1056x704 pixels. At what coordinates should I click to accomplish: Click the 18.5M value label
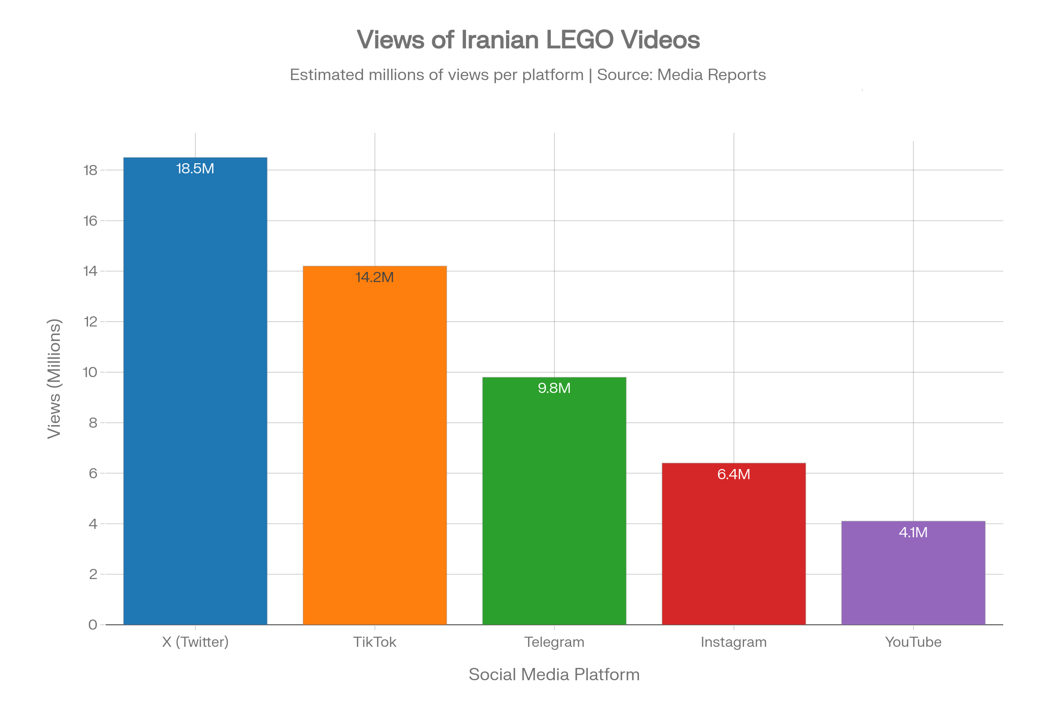coord(195,169)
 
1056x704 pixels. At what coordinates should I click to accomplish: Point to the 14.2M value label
coord(375,278)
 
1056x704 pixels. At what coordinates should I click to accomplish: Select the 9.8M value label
coord(554,388)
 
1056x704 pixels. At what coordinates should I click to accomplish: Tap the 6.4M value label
coord(734,475)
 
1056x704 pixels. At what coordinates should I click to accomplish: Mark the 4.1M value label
coord(913,532)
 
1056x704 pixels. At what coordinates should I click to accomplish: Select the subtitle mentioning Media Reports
coord(528,74)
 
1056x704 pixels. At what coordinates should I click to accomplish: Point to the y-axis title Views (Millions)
coord(54,378)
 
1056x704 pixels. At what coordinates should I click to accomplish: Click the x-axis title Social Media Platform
coord(554,675)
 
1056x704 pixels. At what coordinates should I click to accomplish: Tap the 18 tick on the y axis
coord(90,170)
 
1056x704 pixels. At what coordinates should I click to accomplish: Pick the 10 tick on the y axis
coord(90,372)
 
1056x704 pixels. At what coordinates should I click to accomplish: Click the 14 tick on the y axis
coord(90,271)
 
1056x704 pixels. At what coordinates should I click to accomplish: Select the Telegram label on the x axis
coord(554,642)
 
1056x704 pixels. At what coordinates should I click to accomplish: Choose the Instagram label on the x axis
coord(734,642)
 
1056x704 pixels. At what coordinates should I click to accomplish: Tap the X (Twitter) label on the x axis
coord(195,642)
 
